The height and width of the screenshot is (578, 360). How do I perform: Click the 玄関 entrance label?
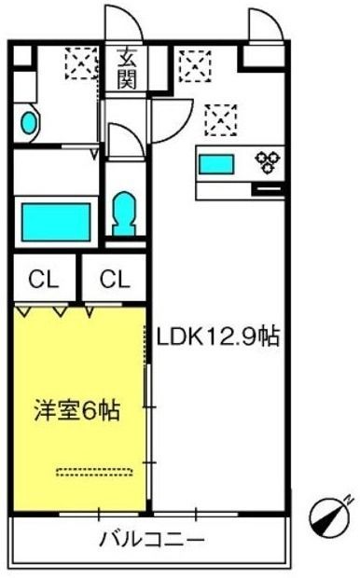point(126,67)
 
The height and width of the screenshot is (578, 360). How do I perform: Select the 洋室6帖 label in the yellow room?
point(77,411)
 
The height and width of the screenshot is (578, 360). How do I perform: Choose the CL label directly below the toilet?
point(114,278)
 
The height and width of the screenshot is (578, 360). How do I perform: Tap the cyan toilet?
point(122,213)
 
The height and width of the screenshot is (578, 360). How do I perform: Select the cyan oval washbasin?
point(28,121)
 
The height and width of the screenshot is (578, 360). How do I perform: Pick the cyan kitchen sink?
point(217,164)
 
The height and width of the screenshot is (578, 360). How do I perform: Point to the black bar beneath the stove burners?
point(267,190)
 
